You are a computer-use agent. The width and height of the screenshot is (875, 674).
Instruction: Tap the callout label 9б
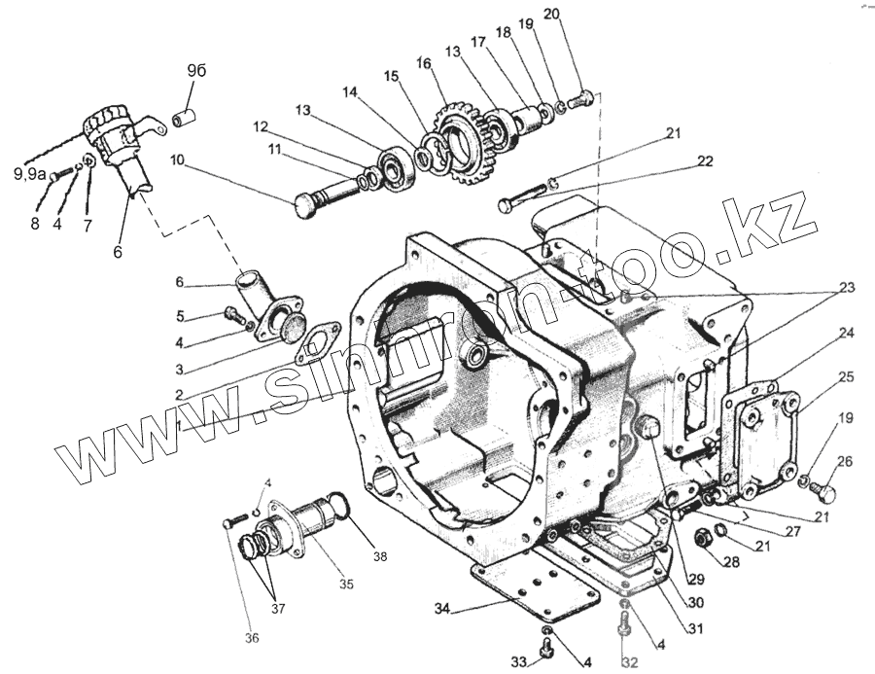pos(195,70)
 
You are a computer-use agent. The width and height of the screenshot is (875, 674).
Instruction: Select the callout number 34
pos(443,609)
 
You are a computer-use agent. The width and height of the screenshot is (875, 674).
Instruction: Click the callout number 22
pos(705,160)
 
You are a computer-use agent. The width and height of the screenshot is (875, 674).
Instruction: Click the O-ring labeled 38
pos(336,505)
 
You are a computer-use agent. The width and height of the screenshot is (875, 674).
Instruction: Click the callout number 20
pos(578,15)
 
